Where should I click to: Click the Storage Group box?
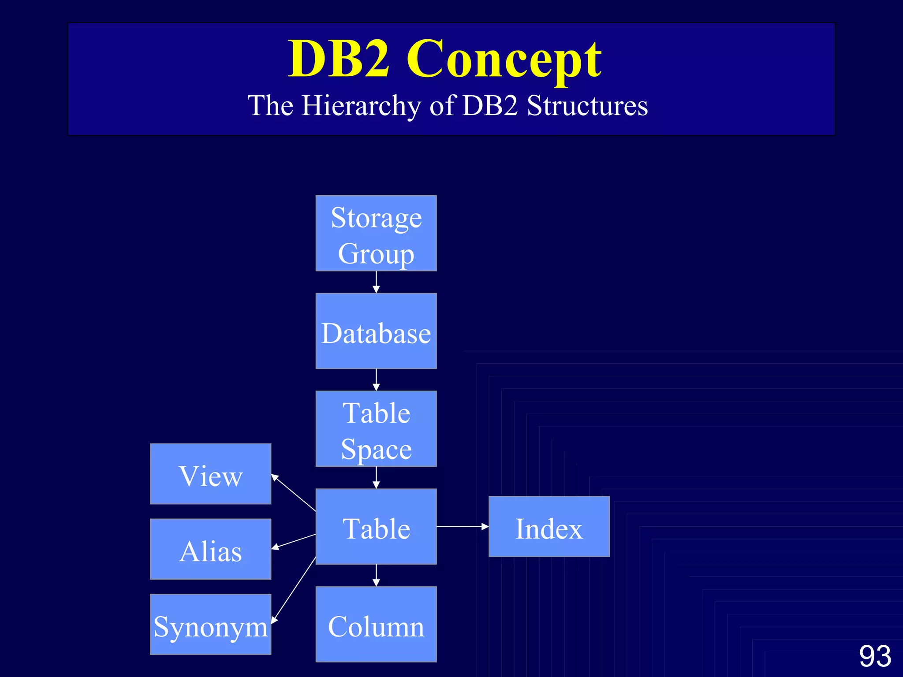click(376, 233)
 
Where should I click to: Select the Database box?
click(376, 331)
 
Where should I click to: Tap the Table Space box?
click(376, 429)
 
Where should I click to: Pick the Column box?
click(376, 624)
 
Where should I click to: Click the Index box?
click(549, 527)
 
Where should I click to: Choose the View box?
click(210, 474)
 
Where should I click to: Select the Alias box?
click(210, 549)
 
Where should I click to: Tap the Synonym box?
click(210, 625)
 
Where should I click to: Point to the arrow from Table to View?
click(294, 493)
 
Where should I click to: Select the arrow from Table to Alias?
click(294, 541)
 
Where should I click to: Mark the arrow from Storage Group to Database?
click(376, 282)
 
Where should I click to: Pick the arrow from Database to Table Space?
click(376, 380)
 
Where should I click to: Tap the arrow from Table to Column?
click(376, 575)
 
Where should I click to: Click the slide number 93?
click(875, 656)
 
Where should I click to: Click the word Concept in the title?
click(504, 60)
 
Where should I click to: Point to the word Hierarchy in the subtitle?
click(361, 106)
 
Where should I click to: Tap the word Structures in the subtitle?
click(587, 106)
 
